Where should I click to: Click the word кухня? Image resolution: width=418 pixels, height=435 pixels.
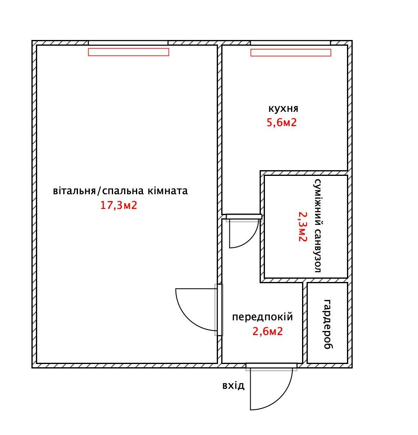283,109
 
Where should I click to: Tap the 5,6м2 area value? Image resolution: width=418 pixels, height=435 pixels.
282,122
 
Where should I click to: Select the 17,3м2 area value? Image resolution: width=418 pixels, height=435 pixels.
118,205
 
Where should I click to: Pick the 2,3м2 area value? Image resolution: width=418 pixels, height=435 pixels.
303,226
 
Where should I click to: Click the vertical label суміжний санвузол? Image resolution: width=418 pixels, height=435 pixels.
318,226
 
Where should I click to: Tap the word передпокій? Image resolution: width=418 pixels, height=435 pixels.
262,317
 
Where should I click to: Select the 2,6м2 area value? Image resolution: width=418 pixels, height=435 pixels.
267,331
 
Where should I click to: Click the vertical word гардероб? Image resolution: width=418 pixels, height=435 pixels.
328,324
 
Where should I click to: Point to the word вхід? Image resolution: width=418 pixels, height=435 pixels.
233,385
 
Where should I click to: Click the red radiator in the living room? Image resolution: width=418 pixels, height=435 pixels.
129,52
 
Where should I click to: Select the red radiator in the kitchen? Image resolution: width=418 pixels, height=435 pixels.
291,53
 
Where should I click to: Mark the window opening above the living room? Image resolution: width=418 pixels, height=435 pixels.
128,43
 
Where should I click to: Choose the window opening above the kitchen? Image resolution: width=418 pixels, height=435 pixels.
290,43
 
